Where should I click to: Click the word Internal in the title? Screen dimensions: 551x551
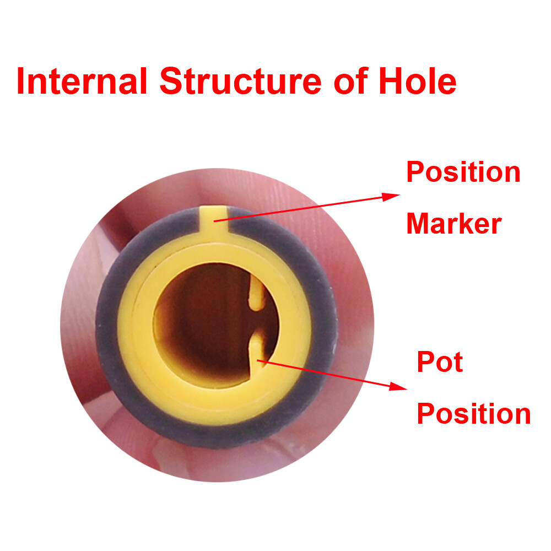82,81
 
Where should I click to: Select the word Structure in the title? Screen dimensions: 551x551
241,81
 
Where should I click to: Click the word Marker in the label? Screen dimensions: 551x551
453,224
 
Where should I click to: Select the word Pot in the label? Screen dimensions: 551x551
440,361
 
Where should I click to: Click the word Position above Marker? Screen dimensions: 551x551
463,172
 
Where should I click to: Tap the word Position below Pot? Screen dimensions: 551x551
474,414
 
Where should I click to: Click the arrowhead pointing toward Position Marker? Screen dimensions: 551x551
391,197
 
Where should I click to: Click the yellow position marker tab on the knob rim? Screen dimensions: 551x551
213,221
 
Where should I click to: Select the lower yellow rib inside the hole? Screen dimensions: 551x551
257,350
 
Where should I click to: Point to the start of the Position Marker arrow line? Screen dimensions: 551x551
214,222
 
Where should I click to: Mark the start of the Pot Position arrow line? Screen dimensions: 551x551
257,360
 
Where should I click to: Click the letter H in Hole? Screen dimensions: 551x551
391,81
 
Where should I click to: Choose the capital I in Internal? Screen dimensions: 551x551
20,81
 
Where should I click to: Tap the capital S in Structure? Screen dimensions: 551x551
171,81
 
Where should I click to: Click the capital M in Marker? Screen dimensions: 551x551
419,224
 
